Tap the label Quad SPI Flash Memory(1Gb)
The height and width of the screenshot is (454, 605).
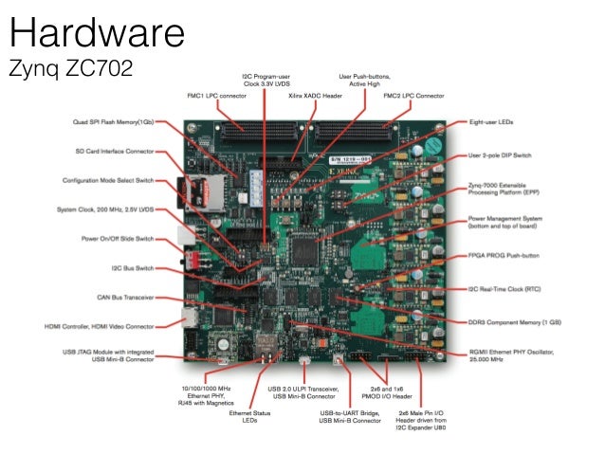[x=113, y=122]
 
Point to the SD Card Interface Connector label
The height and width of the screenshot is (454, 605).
[x=115, y=151]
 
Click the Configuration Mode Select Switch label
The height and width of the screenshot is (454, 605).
[x=110, y=180]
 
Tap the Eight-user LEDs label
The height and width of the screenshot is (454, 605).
[x=493, y=122]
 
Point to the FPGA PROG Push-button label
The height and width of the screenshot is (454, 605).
[x=506, y=256]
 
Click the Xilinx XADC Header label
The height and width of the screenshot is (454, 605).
[x=317, y=96]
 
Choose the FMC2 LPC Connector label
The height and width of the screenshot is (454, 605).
[x=415, y=96]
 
